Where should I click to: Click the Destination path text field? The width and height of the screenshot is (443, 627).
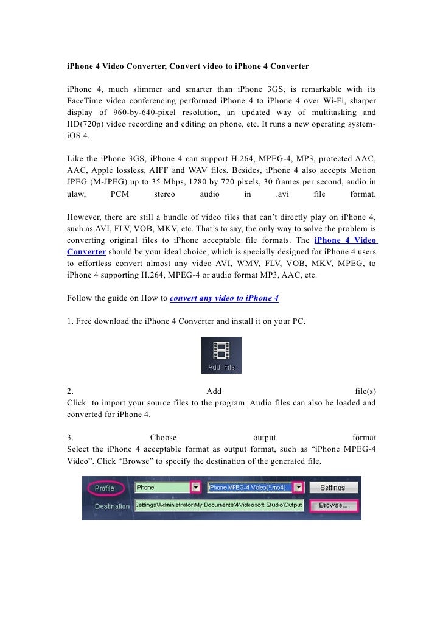pos(218,505)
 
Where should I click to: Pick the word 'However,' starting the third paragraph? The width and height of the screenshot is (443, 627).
pos(83,217)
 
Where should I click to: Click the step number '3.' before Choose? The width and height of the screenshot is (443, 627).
pos(71,437)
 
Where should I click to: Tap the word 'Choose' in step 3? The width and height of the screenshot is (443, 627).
pos(163,437)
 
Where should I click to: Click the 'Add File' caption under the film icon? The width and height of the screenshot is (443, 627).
pos(221,368)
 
